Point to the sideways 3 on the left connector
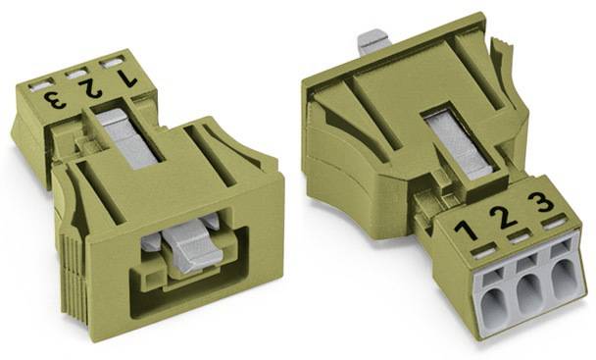point(55,100)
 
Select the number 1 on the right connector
point(466,231)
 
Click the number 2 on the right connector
point(503,217)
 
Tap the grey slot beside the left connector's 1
point(112,63)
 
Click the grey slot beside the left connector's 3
point(42,85)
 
